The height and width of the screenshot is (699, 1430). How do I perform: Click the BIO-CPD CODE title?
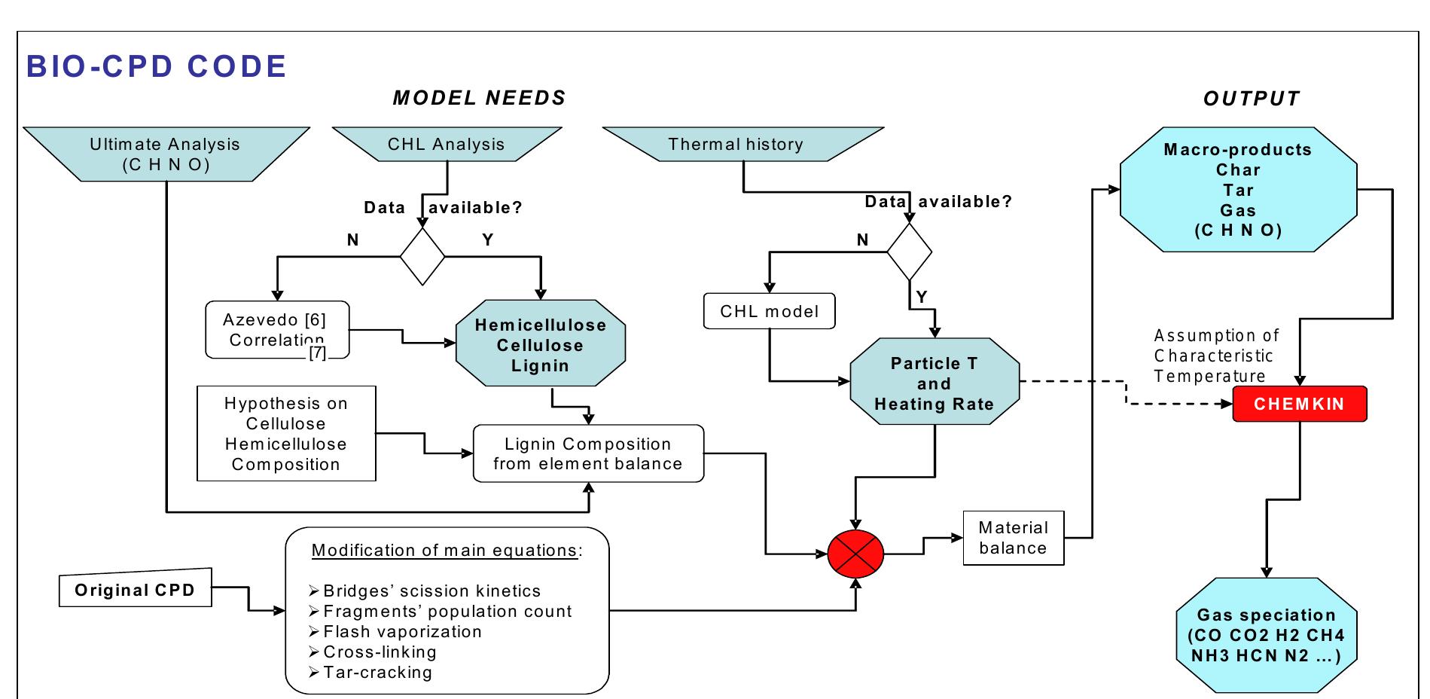[x=157, y=66]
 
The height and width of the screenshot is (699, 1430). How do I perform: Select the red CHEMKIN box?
[x=1299, y=404]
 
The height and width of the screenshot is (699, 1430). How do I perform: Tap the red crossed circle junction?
[x=855, y=554]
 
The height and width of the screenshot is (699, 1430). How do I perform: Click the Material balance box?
[x=1013, y=538]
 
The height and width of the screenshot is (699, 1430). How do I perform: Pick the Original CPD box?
[x=135, y=590]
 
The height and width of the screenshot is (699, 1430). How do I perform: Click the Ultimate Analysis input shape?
[x=165, y=154]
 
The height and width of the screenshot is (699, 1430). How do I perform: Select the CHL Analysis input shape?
[x=447, y=144]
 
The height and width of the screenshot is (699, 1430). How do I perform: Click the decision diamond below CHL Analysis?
[x=422, y=257]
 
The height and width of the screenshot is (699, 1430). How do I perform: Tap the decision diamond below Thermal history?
[x=909, y=252]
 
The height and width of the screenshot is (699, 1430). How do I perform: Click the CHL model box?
[x=769, y=311]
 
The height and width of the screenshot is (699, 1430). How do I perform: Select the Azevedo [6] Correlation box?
[x=276, y=330]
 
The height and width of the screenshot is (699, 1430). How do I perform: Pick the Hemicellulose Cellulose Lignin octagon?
[x=540, y=345]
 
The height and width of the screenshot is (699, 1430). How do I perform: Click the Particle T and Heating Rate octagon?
[x=934, y=383]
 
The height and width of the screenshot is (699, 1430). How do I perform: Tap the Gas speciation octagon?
[x=1266, y=635]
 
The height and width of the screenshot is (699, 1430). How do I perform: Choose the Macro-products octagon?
[x=1238, y=189]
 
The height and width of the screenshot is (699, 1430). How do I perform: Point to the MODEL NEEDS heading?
[x=479, y=98]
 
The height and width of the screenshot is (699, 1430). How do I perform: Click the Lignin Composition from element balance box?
[x=587, y=453]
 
